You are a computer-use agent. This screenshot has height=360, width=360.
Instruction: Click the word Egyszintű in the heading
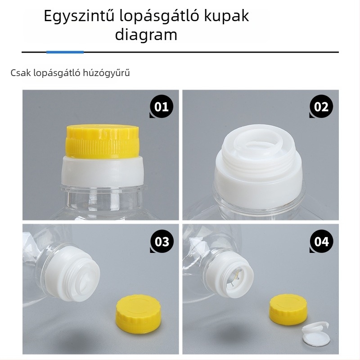pyautogui.click(x=78, y=17)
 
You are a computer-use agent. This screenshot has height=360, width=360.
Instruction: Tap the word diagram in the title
pyautogui.click(x=146, y=35)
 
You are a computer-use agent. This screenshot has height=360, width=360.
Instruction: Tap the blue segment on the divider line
pyautogui.click(x=65, y=52)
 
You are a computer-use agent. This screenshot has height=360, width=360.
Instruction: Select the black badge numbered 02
pyautogui.click(x=321, y=107)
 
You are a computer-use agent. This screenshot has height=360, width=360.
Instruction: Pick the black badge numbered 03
pyautogui.click(x=161, y=242)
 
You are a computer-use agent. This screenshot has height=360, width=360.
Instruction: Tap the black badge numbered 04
pyautogui.click(x=321, y=242)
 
